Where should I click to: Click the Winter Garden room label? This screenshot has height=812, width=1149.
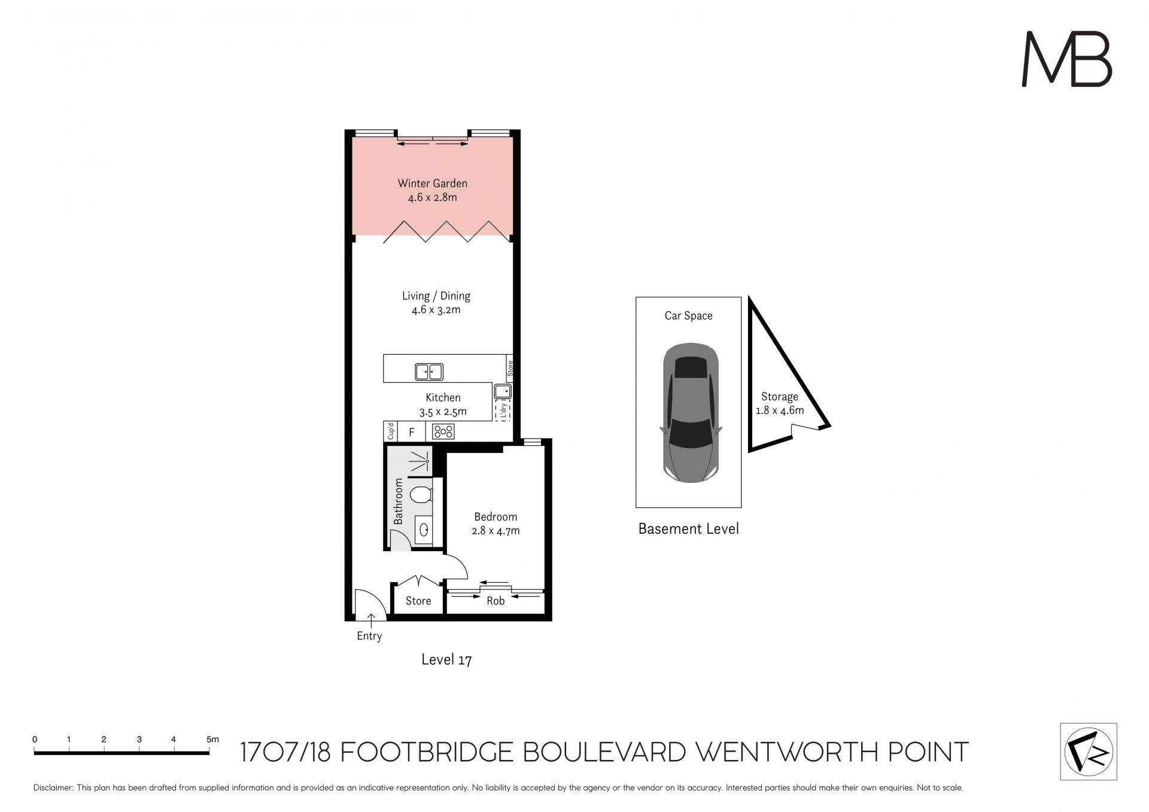[432, 184]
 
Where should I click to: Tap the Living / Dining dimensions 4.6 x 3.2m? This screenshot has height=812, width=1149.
[436, 310]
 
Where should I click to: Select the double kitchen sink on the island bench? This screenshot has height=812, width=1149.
[429, 372]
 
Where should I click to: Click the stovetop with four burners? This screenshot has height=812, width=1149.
[443, 431]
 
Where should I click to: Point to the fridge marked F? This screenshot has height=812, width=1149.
[412, 432]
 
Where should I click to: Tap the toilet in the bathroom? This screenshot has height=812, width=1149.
[421, 495]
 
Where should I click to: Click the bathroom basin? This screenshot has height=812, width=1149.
[424, 530]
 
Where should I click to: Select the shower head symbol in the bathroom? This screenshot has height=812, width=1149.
[422, 461]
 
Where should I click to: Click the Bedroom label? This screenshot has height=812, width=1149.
[496, 517]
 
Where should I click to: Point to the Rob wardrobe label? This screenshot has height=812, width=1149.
[496, 601]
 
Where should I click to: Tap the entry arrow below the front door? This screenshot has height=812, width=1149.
[369, 622]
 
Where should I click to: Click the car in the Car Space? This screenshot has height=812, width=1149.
[690, 413]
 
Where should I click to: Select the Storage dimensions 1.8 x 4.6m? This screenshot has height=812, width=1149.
[780, 410]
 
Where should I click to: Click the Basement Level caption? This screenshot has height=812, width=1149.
[689, 529]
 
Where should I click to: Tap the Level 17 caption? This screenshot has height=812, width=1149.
[446, 660]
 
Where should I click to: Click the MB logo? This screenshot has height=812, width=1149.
[1066, 59]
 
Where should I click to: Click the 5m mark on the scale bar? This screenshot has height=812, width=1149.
[212, 740]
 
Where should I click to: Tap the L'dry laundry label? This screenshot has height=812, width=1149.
[503, 410]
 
